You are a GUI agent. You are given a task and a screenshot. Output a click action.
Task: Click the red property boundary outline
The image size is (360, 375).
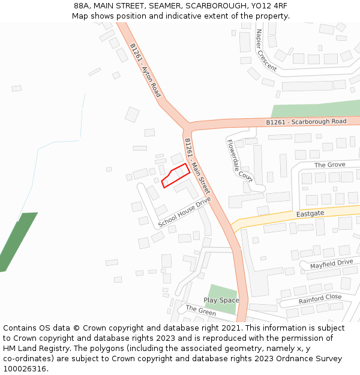tap(176, 175)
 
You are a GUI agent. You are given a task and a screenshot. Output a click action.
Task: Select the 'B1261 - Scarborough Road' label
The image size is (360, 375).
tap(306, 122)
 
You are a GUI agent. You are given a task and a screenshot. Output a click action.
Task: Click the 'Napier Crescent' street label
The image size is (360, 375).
tap(266, 50)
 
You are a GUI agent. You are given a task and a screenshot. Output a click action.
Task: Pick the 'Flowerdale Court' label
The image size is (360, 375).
tap(239, 160)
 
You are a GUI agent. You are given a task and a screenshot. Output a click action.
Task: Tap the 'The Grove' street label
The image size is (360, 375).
tap(329, 164)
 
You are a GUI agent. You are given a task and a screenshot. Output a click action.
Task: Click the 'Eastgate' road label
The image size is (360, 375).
tap(310, 214)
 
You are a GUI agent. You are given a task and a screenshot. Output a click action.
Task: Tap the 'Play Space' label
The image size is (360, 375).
tap(221, 300)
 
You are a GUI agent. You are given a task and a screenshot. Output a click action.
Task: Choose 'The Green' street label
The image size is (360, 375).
tap(200, 310)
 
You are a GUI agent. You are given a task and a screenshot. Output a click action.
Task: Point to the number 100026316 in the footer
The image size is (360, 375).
tap(24, 368)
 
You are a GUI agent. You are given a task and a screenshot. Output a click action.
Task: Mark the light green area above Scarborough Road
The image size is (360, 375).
tap(315, 109)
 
